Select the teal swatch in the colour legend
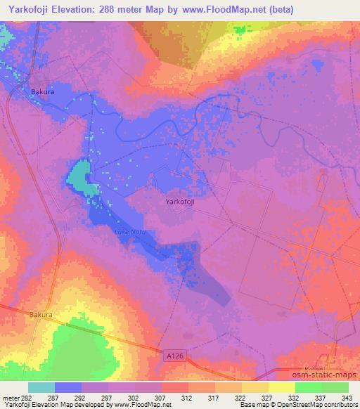click(x=41, y=387)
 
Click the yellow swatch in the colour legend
click(x=281, y=387)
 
